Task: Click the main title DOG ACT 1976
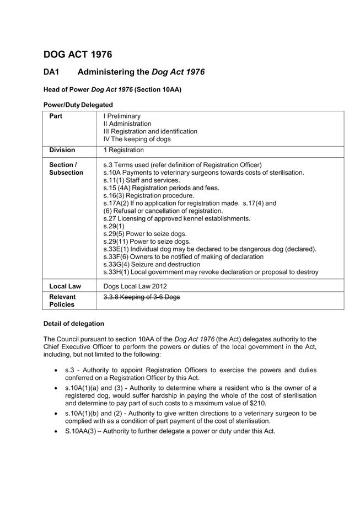[77, 54]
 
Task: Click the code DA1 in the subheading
[52, 72]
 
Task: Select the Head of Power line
[112, 89]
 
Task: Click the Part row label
[56, 116]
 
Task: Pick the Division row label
[62, 150]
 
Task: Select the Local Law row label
[65, 286]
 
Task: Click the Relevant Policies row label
[62, 301]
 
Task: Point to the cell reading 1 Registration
[123, 150]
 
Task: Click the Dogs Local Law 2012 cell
[135, 286]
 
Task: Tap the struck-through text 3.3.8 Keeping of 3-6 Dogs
[142, 297]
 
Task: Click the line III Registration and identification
[150, 132]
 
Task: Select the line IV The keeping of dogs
[137, 140]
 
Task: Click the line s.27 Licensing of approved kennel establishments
[176, 218]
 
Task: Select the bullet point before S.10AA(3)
[56, 431]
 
